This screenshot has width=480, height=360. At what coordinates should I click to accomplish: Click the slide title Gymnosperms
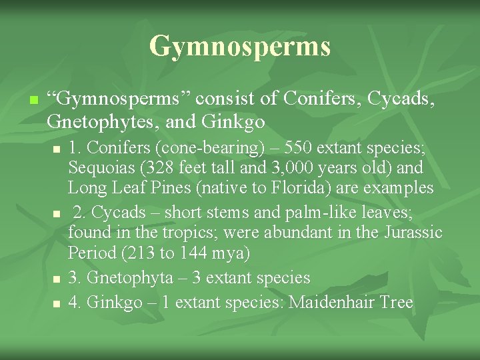pyautogui.click(x=240, y=46)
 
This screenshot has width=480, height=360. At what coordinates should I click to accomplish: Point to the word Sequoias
pyautogui.click(x=100, y=167)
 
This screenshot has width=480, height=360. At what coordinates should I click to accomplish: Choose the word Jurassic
pyautogui.click(x=413, y=233)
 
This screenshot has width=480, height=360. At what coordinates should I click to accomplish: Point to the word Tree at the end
pyautogui.click(x=397, y=302)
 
